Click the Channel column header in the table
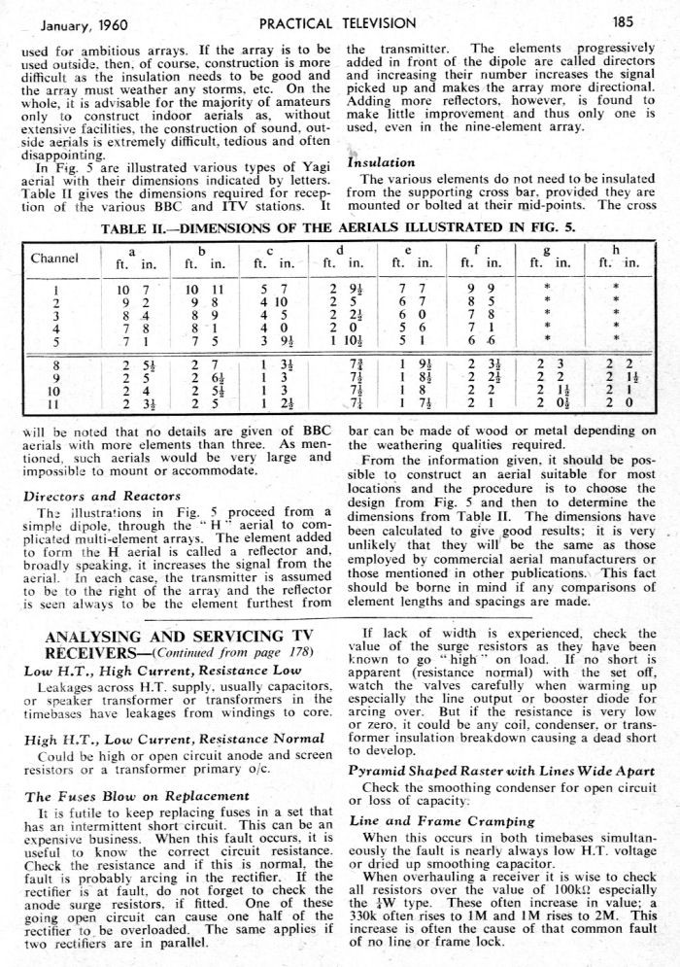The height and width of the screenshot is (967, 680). [x=55, y=259]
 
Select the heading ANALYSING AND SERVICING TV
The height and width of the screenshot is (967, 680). [x=176, y=637]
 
